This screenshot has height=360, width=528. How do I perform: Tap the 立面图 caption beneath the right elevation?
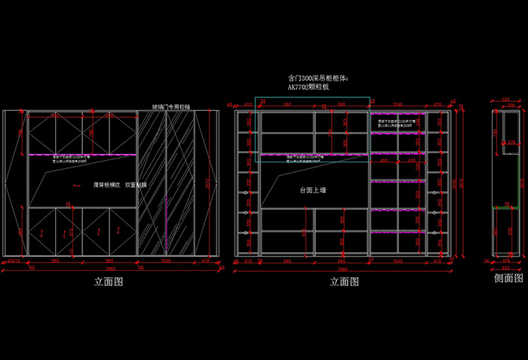pyautogui.click(x=344, y=282)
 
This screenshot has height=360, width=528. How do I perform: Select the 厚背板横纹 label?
pyautogui.click(x=108, y=184)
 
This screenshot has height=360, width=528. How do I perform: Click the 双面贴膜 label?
pyautogui.click(x=137, y=184)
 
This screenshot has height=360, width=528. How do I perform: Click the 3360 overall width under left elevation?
pyautogui.click(x=110, y=269)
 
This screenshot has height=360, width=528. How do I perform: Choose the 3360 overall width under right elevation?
pyautogui.click(x=343, y=269)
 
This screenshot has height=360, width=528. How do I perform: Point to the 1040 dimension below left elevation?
pyautogui.click(x=165, y=261)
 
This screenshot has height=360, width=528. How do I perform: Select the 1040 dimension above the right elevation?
pyautogui.click(x=398, y=104)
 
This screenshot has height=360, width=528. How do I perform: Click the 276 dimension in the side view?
pyautogui.click(x=511, y=143)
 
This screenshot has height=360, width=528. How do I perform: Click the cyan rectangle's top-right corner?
pyautogui.click(x=370, y=97)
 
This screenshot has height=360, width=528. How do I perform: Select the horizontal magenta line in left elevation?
pyautogui.click(x=83, y=155)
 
